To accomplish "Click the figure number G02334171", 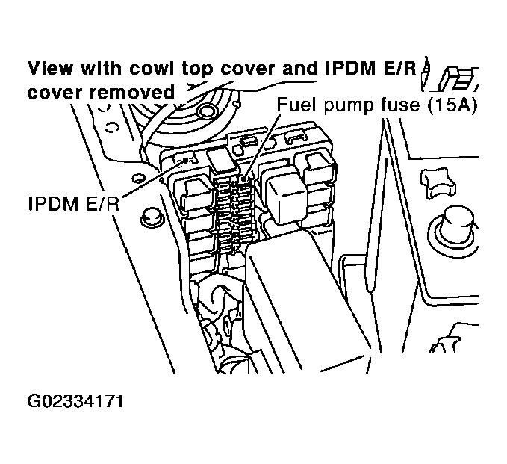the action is [x=75, y=401].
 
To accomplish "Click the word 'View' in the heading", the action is [x=51, y=68].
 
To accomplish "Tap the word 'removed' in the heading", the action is [x=132, y=92].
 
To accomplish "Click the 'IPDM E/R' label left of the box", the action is [x=74, y=204].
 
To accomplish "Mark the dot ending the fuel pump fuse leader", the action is [x=243, y=178].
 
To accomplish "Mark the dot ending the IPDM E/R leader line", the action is [x=185, y=160].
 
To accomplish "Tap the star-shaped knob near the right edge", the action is [x=438, y=183].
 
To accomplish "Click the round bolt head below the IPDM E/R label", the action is [x=151, y=218].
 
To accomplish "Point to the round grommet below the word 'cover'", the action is [x=206, y=111].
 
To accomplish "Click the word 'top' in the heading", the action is [x=197, y=69].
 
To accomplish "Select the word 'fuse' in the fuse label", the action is [x=401, y=105].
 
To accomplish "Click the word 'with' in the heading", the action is [x=102, y=68].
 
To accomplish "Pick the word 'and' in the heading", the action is [x=299, y=68].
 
